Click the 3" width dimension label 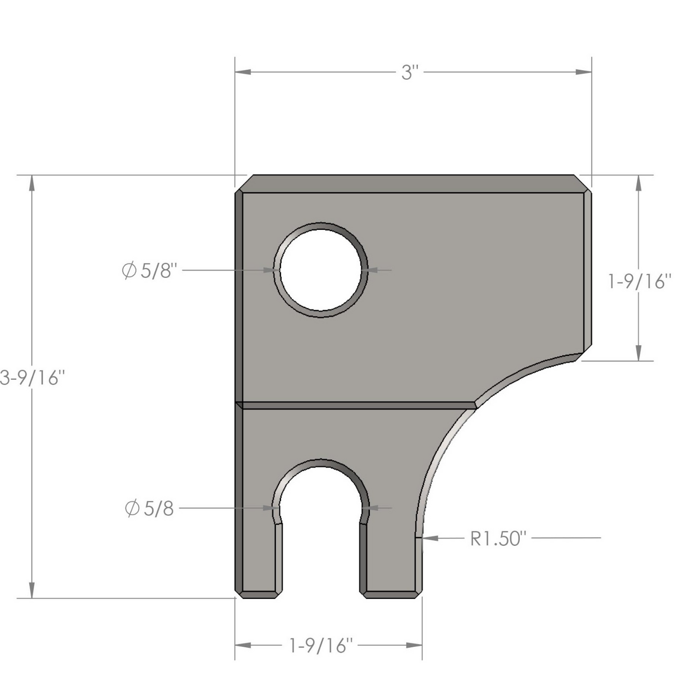[410, 72]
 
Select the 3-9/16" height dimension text [32, 378]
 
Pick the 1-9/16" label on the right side [640, 282]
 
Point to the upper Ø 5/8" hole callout [149, 270]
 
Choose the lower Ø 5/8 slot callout [149, 509]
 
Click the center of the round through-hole [321, 270]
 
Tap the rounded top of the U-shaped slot [321, 463]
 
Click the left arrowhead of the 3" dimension [242, 72]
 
